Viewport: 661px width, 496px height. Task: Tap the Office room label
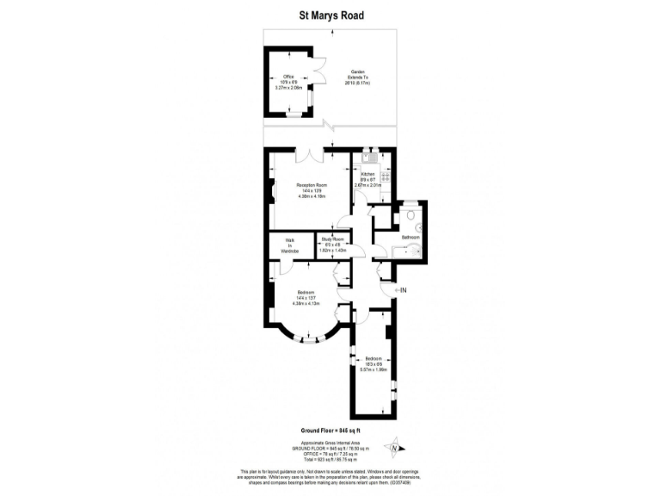[289, 77]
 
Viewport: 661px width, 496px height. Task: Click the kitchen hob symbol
[386, 175]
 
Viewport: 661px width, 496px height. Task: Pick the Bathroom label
[411, 237]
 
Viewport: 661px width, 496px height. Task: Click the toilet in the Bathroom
[411, 214]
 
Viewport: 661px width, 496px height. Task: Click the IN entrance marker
[402, 290]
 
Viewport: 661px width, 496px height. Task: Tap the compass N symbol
[394, 447]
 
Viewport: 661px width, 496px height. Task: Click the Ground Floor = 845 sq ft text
[330, 430]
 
